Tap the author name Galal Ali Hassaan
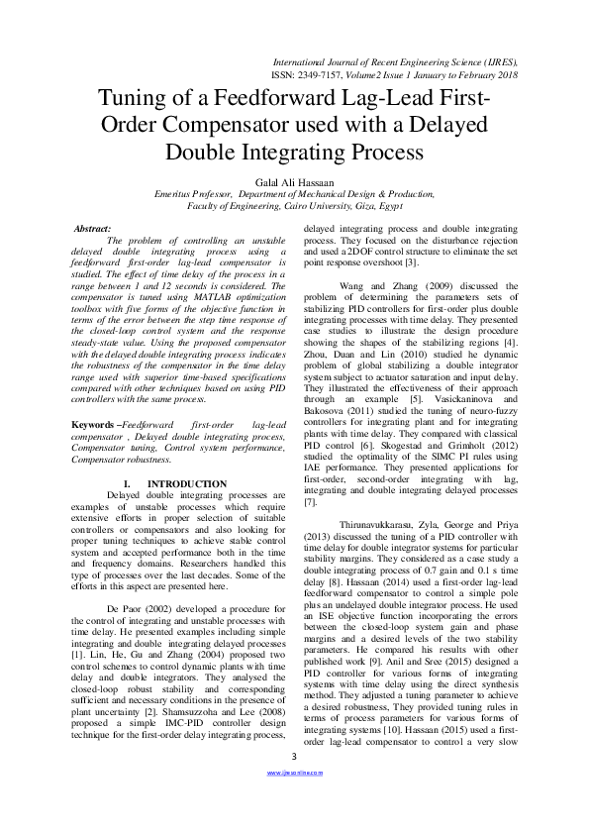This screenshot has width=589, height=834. click(294, 182)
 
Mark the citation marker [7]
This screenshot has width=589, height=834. click(311, 503)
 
